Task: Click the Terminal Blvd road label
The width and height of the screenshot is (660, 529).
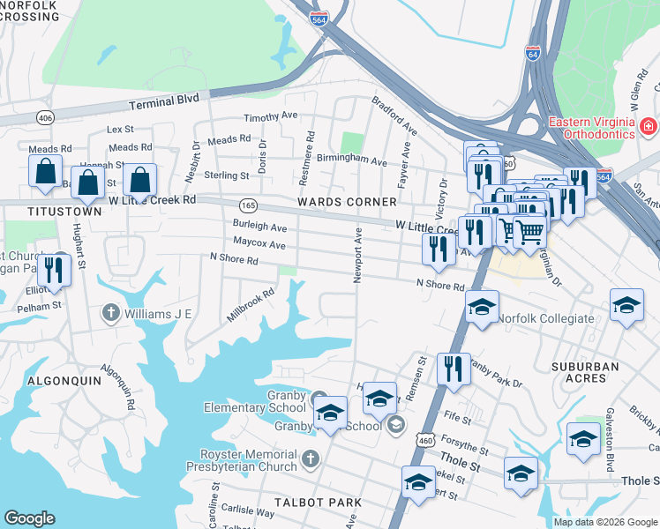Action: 164,102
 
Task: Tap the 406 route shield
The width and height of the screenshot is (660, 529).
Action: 43,117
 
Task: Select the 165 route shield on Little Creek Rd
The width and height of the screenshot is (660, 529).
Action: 248,205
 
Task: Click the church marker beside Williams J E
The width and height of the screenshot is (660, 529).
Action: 110,312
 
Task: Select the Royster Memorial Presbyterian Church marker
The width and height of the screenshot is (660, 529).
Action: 310,458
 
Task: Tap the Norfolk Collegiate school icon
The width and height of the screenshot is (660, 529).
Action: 482,307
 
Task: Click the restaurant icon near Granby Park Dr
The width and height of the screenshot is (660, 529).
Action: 454,367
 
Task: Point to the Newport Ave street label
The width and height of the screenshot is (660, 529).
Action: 358,257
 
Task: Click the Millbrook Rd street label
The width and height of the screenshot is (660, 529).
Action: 251,303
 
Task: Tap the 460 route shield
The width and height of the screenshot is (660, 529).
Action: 427,440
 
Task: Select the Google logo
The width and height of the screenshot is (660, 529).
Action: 29,518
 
